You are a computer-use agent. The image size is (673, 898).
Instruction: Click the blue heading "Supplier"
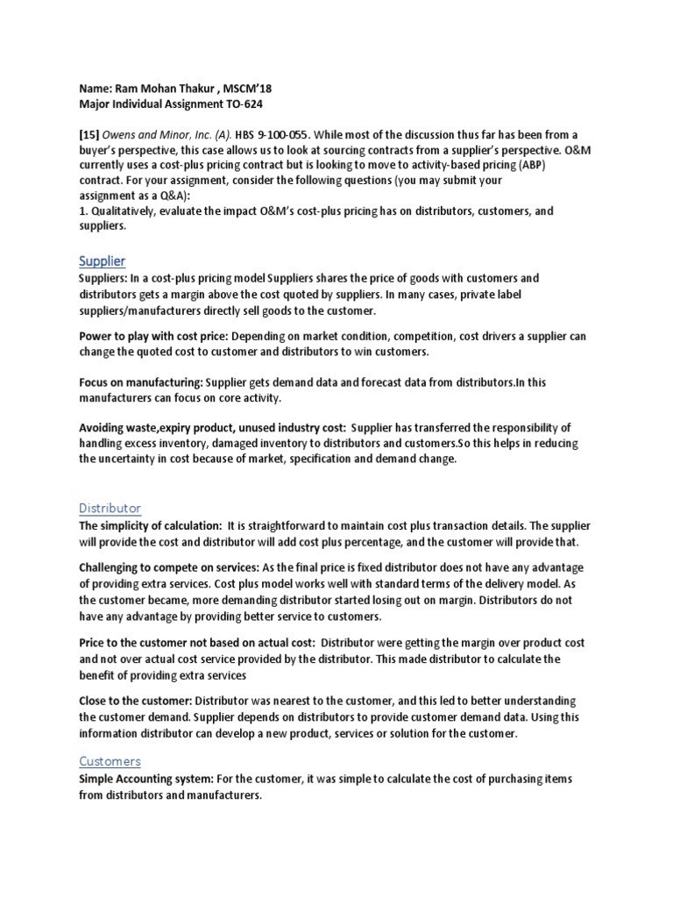102,261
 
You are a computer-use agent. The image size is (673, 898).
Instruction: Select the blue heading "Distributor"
110,509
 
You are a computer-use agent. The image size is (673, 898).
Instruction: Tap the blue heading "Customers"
110,761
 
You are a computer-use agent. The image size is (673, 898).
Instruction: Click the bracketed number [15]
89,134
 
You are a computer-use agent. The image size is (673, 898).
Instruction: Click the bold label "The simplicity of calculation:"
149,526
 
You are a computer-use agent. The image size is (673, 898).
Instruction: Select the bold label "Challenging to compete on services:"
166,569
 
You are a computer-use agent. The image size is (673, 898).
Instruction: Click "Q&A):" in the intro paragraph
171,195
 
